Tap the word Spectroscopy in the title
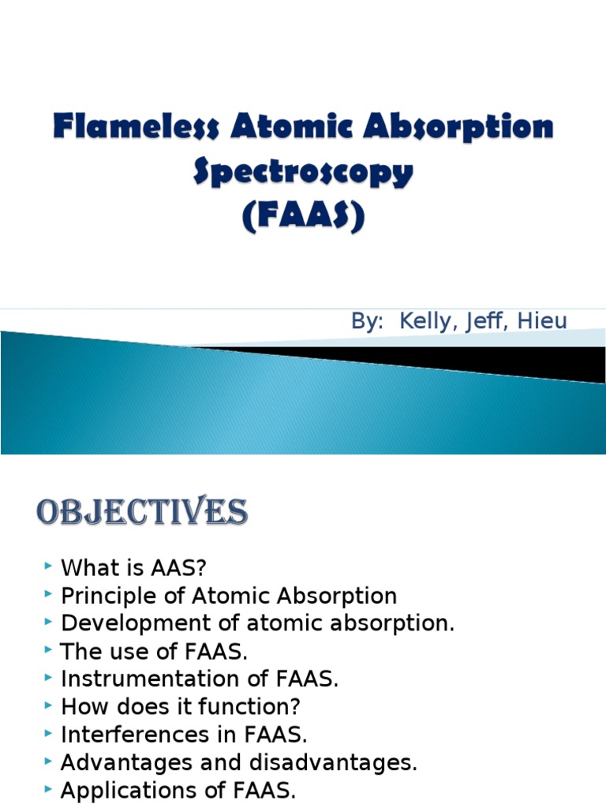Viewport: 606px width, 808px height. tap(303, 172)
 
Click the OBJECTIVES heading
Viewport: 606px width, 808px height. tap(142, 512)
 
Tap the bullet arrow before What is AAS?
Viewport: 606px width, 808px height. tap(50, 566)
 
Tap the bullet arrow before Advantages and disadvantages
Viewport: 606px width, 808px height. tap(50, 761)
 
